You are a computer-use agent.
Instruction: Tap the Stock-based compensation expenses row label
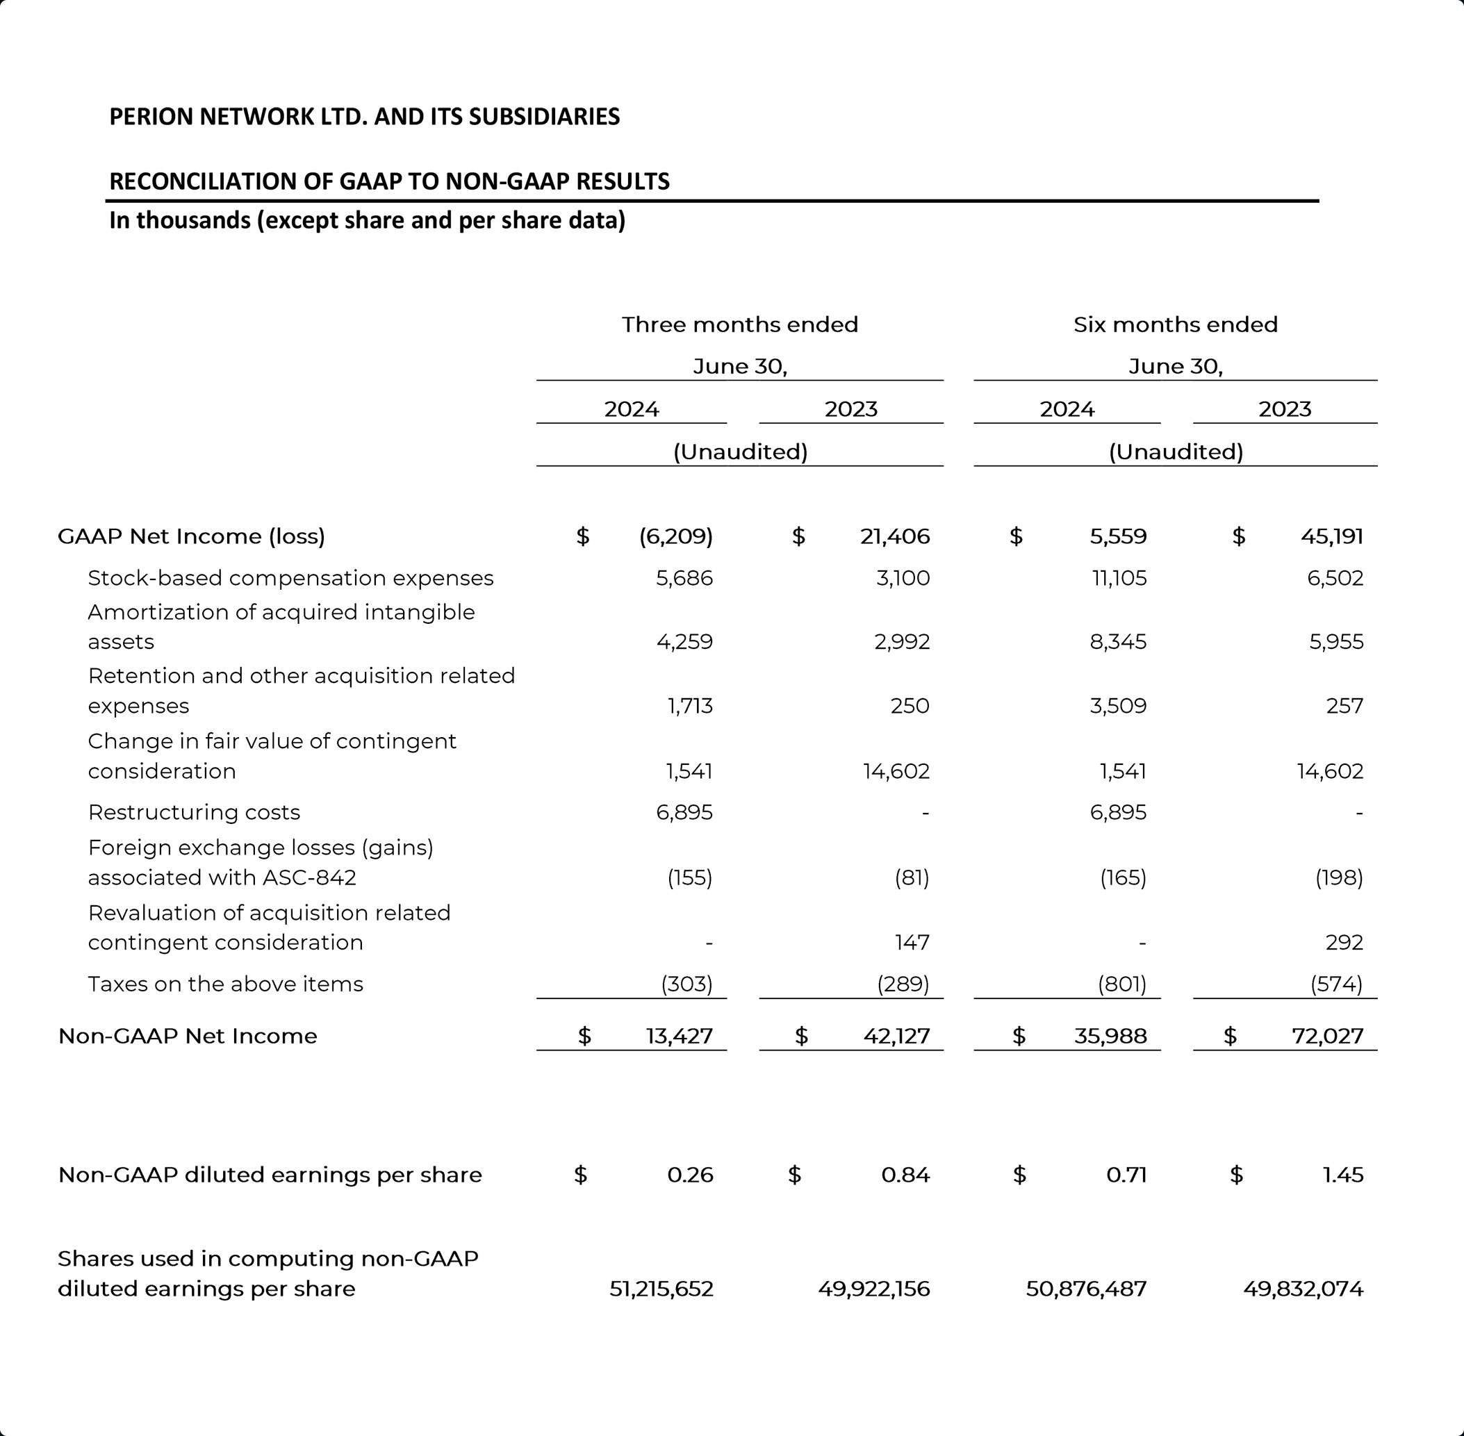point(290,579)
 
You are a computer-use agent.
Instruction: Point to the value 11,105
point(1119,579)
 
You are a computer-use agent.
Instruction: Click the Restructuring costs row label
point(194,812)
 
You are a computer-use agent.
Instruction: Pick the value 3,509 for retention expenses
point(1118,706)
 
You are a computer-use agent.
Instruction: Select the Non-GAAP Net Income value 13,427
point(679,1037)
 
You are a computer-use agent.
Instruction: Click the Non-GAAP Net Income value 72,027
point(1328,1037)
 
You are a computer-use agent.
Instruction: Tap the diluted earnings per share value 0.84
point(905,1175)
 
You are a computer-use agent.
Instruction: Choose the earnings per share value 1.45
point(1342,1175)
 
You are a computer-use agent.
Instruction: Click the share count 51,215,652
point(661,1289)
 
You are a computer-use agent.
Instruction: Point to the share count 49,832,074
point(1303,1289)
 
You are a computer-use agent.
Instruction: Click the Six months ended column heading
point(1175,325)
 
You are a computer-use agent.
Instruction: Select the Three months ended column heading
point(740,325)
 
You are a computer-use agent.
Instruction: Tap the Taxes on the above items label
point(226,984)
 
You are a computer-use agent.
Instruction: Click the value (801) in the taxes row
point(1122,984)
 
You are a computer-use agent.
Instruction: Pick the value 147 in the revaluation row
point(912,943)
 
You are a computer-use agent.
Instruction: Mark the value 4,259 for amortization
point(684,642)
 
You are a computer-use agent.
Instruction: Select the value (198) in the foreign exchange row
point(1339,878)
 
